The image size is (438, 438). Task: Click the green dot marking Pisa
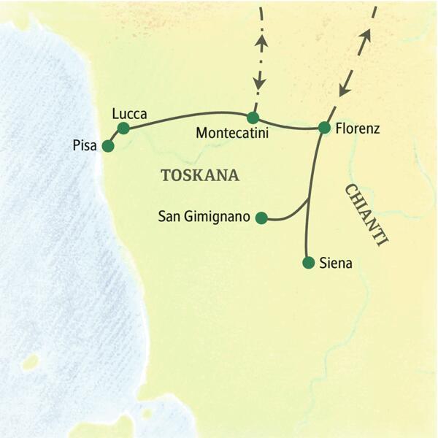pos(108,146)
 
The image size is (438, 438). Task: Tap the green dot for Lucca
pos(123,128)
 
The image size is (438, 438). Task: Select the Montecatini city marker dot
pos(253,118)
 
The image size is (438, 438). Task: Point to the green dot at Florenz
pos(324,128)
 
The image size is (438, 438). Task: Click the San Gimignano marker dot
pos(261,217)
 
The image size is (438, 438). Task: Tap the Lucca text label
pos(131,114)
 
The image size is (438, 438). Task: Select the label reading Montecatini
pos(233,134)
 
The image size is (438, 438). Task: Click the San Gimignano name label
pos(204,217)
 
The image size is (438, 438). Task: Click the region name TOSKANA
pos(199,175)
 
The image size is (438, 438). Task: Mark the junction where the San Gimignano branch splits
pos(308,200)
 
